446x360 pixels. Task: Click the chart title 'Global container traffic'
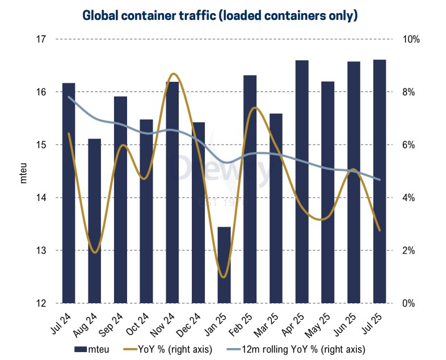click(220, 15)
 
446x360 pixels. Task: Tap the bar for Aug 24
click(94, 221)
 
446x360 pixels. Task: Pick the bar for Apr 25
click(302, 182)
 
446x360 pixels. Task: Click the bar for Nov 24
click(172, 193)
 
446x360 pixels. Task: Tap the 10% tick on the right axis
click(411, 39)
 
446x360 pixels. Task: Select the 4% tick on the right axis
click(410, 198)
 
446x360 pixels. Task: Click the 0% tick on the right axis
click(410, 303)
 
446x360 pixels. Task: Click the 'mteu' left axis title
click(24, 171)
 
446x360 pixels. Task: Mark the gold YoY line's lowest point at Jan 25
click(223, 277)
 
